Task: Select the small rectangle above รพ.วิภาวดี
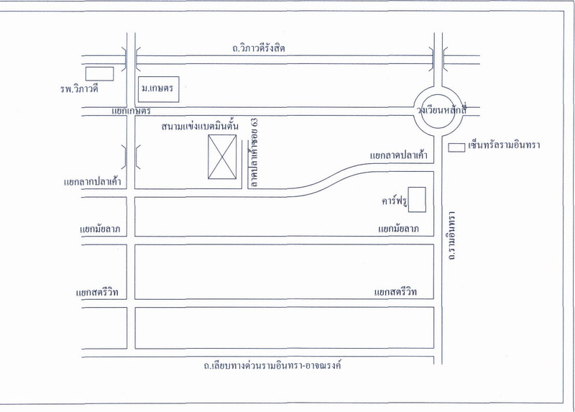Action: tap(99, 73)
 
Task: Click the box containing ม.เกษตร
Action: tap(158, 90)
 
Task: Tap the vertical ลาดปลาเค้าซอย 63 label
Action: tap(253, 153)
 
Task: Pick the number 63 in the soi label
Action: tap(253, 124)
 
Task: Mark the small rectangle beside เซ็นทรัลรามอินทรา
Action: tap(456, 147)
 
